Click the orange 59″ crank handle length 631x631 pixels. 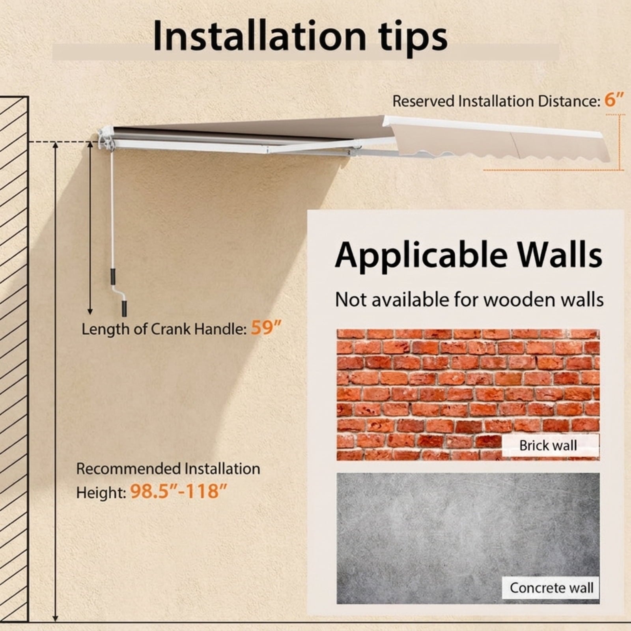tap(267, 328)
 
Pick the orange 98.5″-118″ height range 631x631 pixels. tap(179, 491)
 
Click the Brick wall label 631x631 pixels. tap(548, 445)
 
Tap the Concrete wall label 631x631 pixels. tap(551, 588)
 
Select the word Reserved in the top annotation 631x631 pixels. tap(423, 101)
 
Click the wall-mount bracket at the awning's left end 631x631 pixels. tap(105, 138)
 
